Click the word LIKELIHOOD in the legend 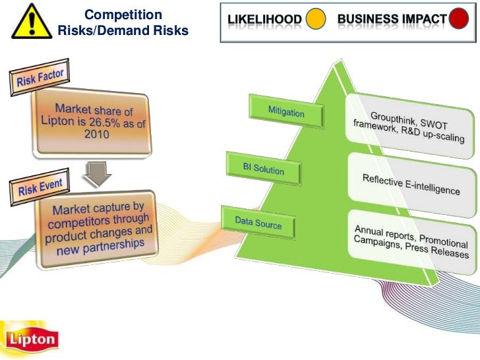point(266,20)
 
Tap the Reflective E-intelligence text point(411,184)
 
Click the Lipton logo point(31,339)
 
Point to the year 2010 point(96,135)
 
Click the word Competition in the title point(123,15)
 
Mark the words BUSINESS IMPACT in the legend point(392,20)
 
